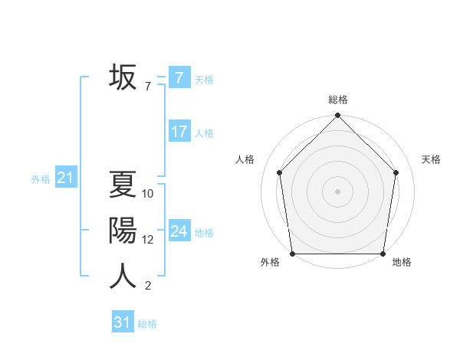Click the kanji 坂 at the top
coord(123,77)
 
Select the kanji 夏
coord(123,185)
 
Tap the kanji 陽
coord(123,231)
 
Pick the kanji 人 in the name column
coord(123,276)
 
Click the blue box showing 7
coord(179,78)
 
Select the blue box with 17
coord(179,132)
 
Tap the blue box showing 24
coord(179,231)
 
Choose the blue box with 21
coord(65,178)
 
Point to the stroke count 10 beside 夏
coord(148,194)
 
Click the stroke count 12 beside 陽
coord(148,240)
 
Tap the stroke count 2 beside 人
coord(147,286)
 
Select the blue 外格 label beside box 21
coord(41,179)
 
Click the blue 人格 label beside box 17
coord(204,133)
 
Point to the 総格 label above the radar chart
coord(338,100)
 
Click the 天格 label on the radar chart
coord(432,159)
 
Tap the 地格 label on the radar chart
coord(402,262)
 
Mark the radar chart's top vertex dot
coord(338,116)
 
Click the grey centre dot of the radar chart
coord(338,191)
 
